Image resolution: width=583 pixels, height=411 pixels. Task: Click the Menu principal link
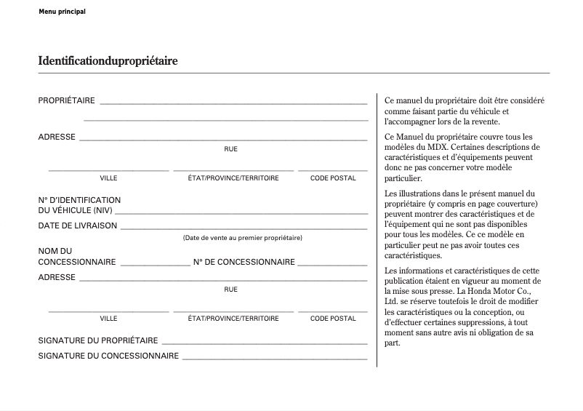coord(62,12)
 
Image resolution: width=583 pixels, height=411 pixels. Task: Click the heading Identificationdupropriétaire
coord(108,61)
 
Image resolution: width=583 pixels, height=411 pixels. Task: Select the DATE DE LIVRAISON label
coord(77,226)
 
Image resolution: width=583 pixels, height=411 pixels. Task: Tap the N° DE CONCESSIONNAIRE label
coord(244,262)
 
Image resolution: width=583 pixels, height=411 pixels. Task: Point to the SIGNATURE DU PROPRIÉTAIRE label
coord(97,340)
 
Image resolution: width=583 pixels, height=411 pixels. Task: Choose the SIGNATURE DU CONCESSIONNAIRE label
coord(108,356)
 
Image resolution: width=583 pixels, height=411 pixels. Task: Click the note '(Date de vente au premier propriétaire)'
coord(242,238)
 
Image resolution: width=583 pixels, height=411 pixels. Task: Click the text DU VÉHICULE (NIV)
coord(75,210)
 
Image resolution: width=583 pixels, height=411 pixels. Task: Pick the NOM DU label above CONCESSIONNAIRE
coord(55,251)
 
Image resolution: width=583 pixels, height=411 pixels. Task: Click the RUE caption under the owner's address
coord(230,149)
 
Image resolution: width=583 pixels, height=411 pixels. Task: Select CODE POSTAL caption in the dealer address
coord(333,319)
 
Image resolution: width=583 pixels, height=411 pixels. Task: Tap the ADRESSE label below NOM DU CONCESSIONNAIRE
coord(57,277)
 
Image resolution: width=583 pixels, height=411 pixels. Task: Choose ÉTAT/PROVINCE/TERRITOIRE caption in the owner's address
coord(233,178)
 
